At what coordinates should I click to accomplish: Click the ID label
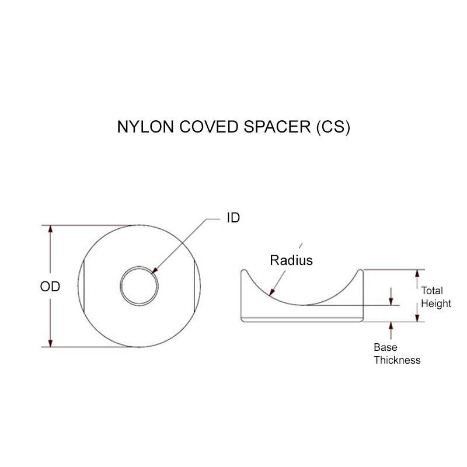click(x=233, y=218)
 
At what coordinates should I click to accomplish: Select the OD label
click(x=50, y=287)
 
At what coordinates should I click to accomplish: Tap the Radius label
click(x=291, y=260)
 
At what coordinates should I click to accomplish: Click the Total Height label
click(x=436, y=297)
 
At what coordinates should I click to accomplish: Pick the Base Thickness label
click(x=397, y=354)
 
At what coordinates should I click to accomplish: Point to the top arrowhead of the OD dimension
click(x=51, y=229)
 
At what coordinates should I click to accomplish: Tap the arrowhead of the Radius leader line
click(x=271, y=295)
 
